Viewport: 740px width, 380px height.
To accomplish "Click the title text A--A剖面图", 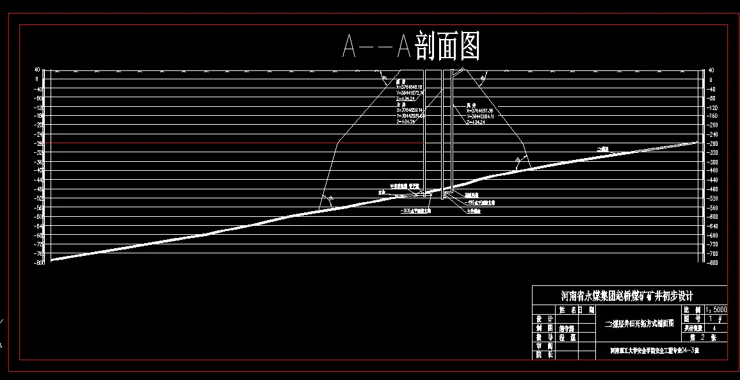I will (x=411, y=46).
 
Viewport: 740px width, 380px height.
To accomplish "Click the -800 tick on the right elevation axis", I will (x=714, y=263).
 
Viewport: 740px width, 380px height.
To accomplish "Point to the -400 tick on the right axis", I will (x=714, y=171).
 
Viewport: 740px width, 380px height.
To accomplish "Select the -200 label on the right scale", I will (x=714, y=125).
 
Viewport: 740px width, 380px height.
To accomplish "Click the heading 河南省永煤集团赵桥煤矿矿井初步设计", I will (x=627, y=296).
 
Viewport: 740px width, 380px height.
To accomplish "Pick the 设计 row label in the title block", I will (x=545, y=319).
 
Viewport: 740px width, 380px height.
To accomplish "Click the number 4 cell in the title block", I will (x=714, y=327).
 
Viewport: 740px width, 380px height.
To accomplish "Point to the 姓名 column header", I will (x=566, y=310).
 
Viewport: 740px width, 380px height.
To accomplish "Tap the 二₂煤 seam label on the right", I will (x=602, y=148).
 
